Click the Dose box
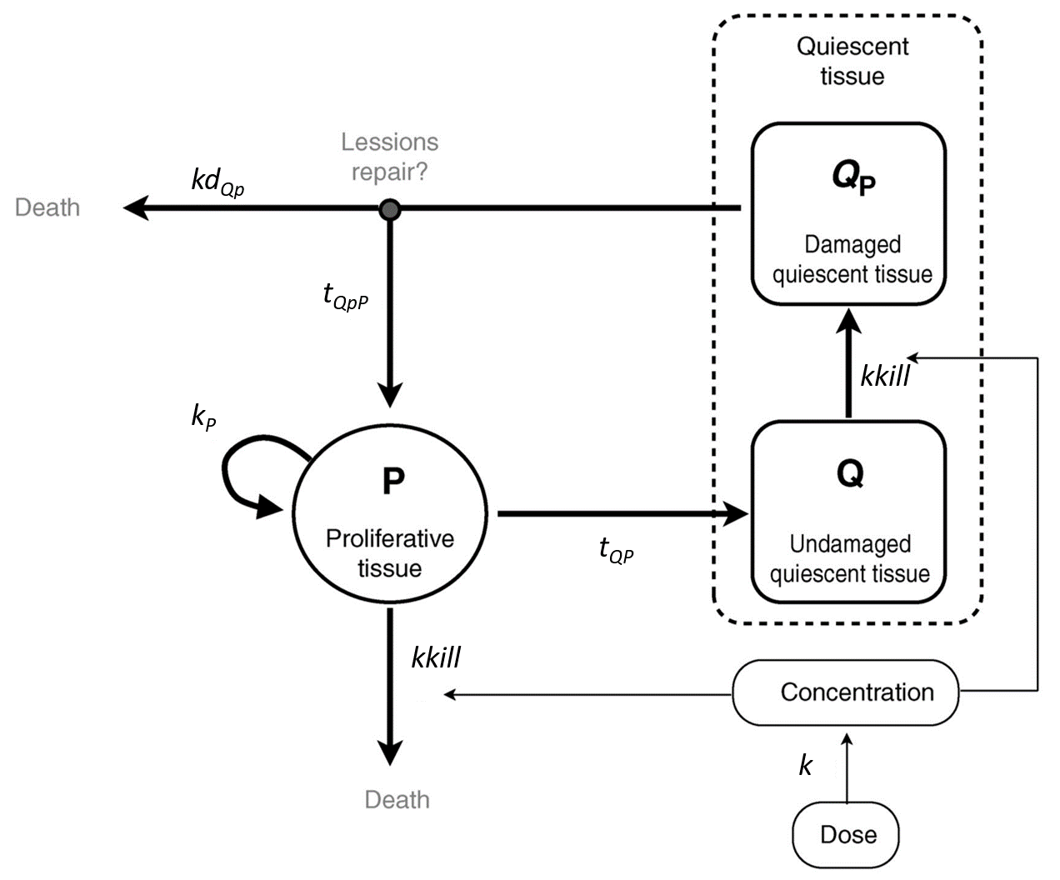pos(846,835)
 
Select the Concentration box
pos(846,692)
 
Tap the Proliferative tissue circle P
pos(390,516)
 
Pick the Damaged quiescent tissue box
pos(849,215)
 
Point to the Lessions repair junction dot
pos(389,210)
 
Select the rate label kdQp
pos(217,181)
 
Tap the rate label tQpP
pos(345,296)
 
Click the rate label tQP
pos(616,550)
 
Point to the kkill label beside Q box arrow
pos(885,376)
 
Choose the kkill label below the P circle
pos(436,658)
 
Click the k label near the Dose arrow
pos(805,766)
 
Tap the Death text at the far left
pos(47,207)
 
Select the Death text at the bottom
pos(397,800)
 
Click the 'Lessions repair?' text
pos(389,157)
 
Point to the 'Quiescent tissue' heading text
pos(852,61)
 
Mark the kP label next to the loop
pos(203,416)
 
